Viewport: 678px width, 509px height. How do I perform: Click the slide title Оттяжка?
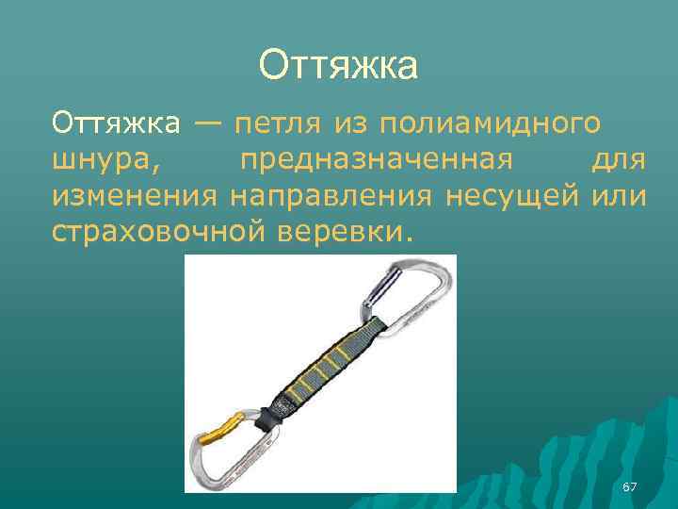tap(338, 66)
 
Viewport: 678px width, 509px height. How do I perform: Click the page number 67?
tap(630, 486)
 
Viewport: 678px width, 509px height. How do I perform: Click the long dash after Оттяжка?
tap(209, 122)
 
